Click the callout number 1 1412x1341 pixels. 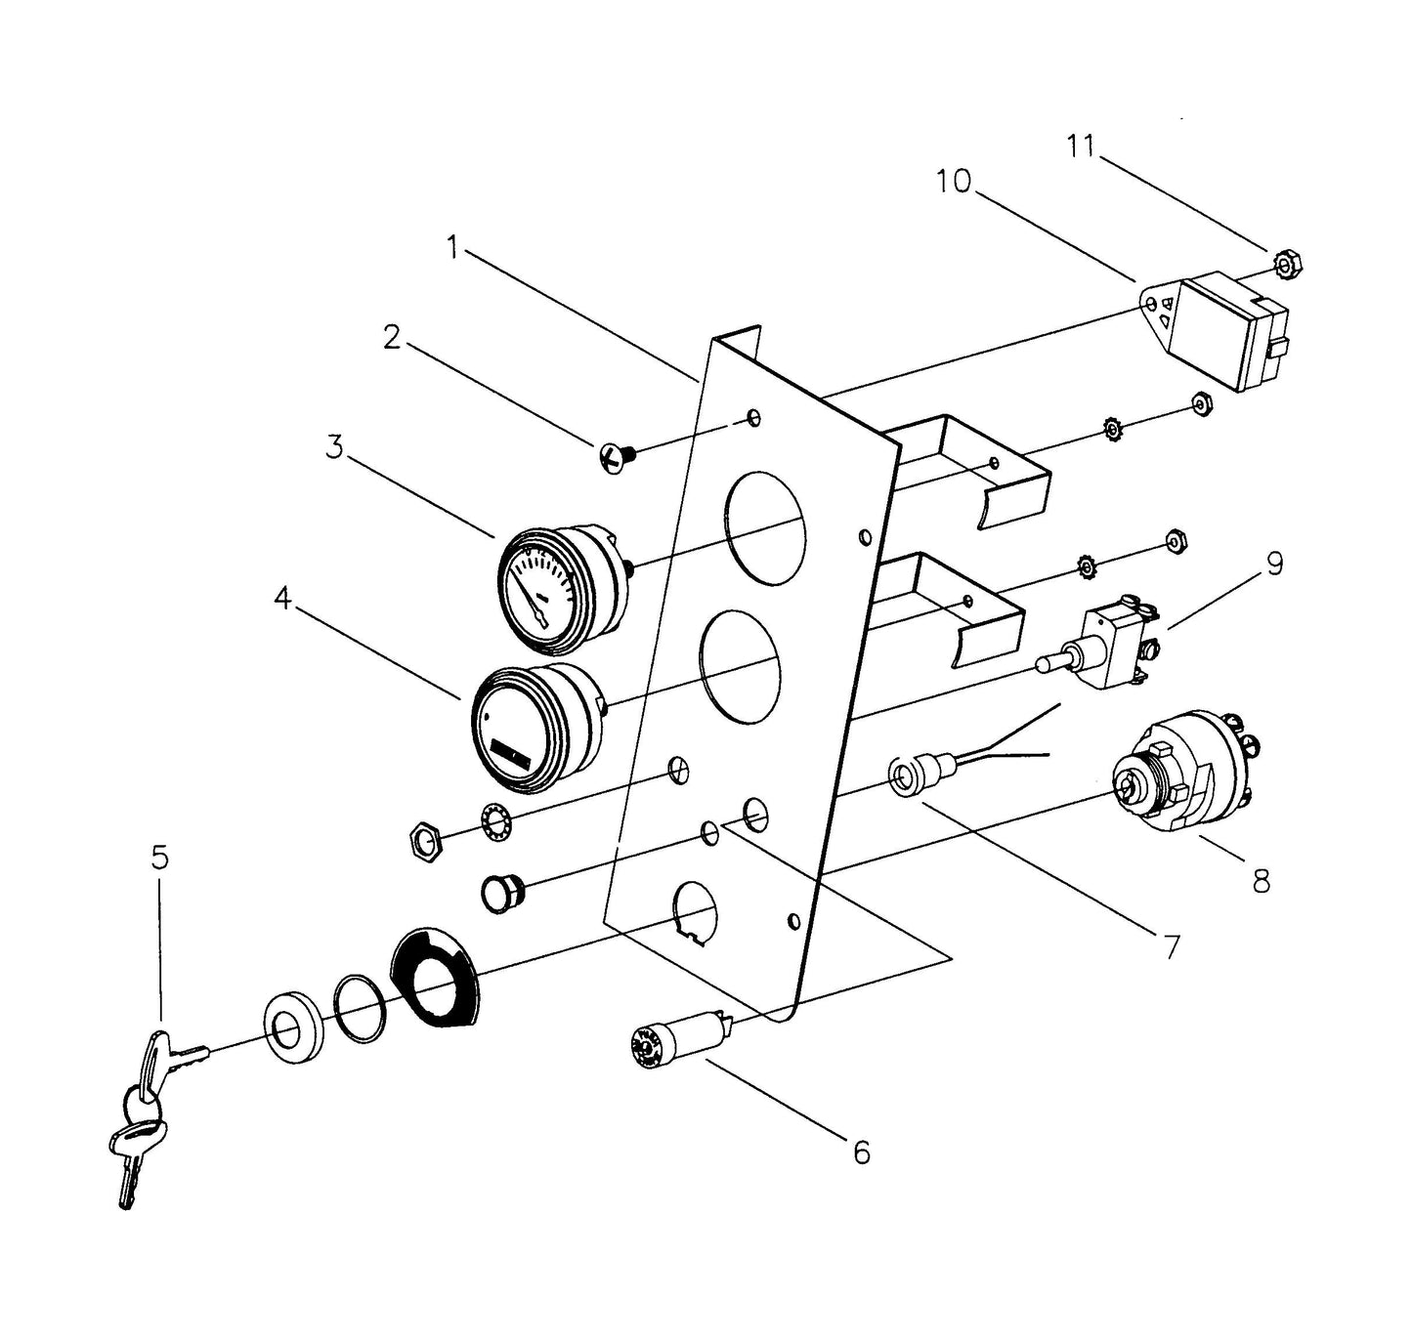click(451, 248)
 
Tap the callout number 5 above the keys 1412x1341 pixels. click(159, 858)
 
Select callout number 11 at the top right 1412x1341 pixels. click(1080, 147)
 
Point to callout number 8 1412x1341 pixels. click(1261, 881)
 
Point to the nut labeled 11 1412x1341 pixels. click(1289, 264)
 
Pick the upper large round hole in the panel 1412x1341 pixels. click(765, 527)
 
